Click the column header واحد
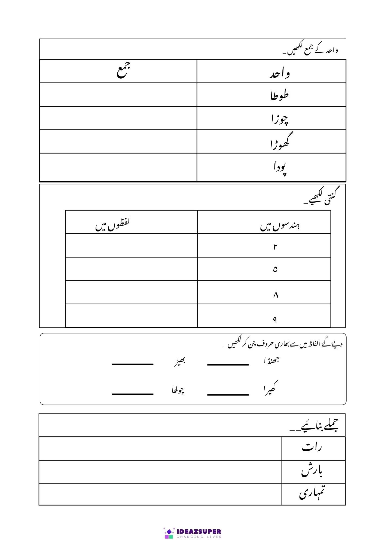click(x=279, y=74)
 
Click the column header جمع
click(x=124, y=70)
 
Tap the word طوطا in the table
click(x=279, y=95)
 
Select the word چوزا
click(x=279, y=119)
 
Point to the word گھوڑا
click(x=280, y=142)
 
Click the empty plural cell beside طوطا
click(x=118, y=95)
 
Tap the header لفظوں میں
click(x=112, y=225)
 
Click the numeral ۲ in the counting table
click(x=275, y=247)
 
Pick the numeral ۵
click(x=275, y=270)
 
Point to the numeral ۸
click(x=276, y=295)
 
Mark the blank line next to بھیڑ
click(x=133, y=364)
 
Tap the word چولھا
click(x=178, y=390)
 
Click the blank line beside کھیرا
click(x=228, y=394)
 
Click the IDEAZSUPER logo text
click(x=199, y=531)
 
